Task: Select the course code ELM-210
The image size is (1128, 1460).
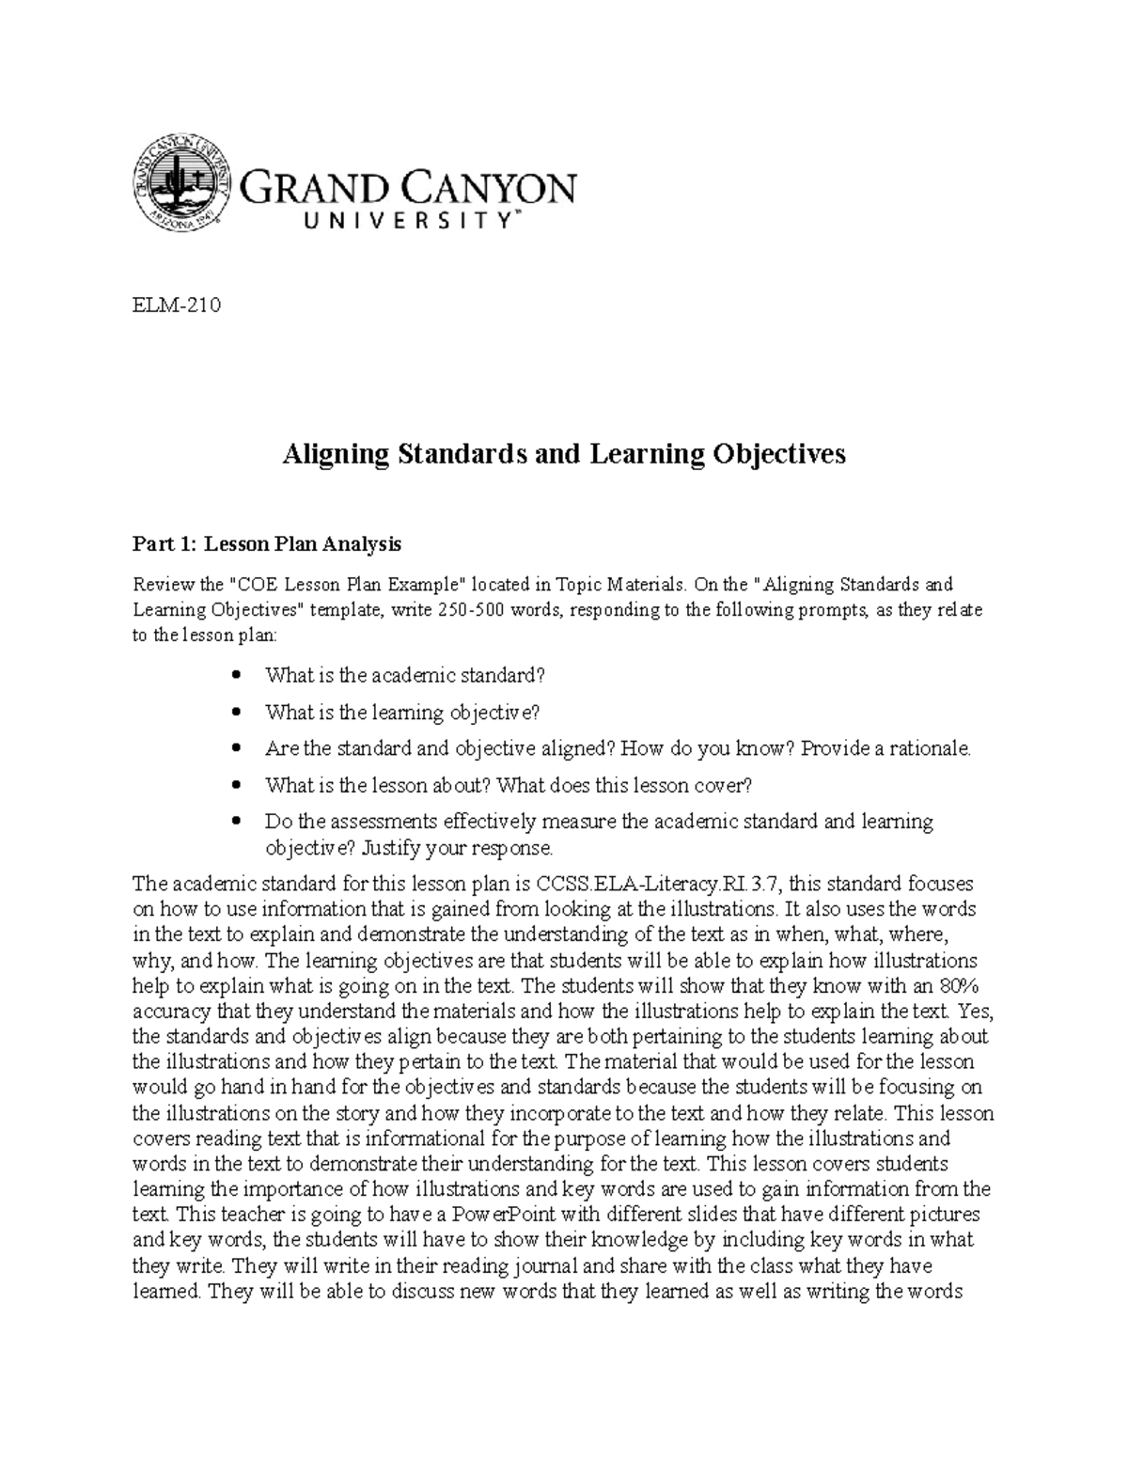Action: click(x=176, y=306)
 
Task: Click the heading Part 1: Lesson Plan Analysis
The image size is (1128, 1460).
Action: click(x=267, y=543)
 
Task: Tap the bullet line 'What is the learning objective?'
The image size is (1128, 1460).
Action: click(x=402, y=713)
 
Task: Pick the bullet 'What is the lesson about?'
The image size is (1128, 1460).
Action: click(x=509, y=785)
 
